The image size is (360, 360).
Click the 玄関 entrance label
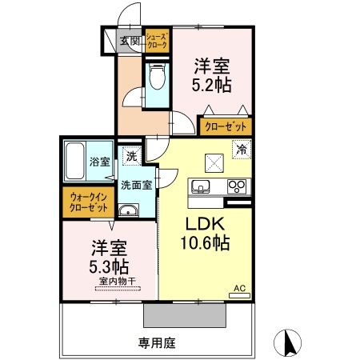click(130, 42)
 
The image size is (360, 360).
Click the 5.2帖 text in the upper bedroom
click(211, 81)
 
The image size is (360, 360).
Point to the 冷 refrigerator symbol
click(241, 148)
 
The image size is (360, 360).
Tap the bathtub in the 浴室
click(78, 162)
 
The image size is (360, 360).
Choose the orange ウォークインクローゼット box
click(89, 202)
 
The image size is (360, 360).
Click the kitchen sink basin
click(200, 187)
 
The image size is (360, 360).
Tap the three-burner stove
click(237, 187)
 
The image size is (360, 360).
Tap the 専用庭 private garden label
click(156, 343)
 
